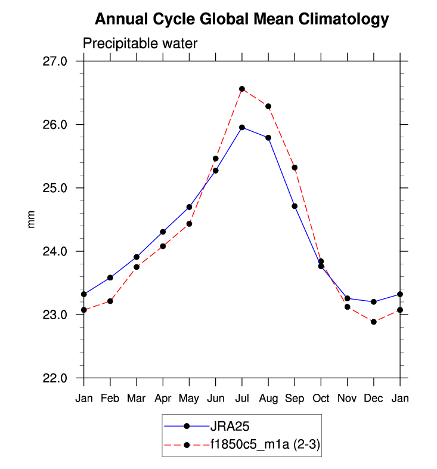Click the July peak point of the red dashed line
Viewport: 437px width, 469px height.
point(242,89)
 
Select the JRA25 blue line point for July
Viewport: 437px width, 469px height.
point(242,127)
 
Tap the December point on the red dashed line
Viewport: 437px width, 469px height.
point(374,322)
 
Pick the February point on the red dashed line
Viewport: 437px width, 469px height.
point(110,301)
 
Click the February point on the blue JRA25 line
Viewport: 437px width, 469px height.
point(110,277)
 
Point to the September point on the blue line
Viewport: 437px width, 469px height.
point(295,206)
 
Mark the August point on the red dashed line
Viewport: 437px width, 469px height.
point(268,106)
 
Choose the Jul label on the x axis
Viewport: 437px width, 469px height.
point(242,398)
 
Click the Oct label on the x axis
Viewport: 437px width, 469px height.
point(321,398)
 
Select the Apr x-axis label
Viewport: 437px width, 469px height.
point(163,398)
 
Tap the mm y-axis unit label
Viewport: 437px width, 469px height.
point(31,220)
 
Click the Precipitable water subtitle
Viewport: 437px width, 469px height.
point(140,44)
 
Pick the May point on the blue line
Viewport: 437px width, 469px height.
point(189,207)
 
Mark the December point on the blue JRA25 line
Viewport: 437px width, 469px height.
point(374,302)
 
